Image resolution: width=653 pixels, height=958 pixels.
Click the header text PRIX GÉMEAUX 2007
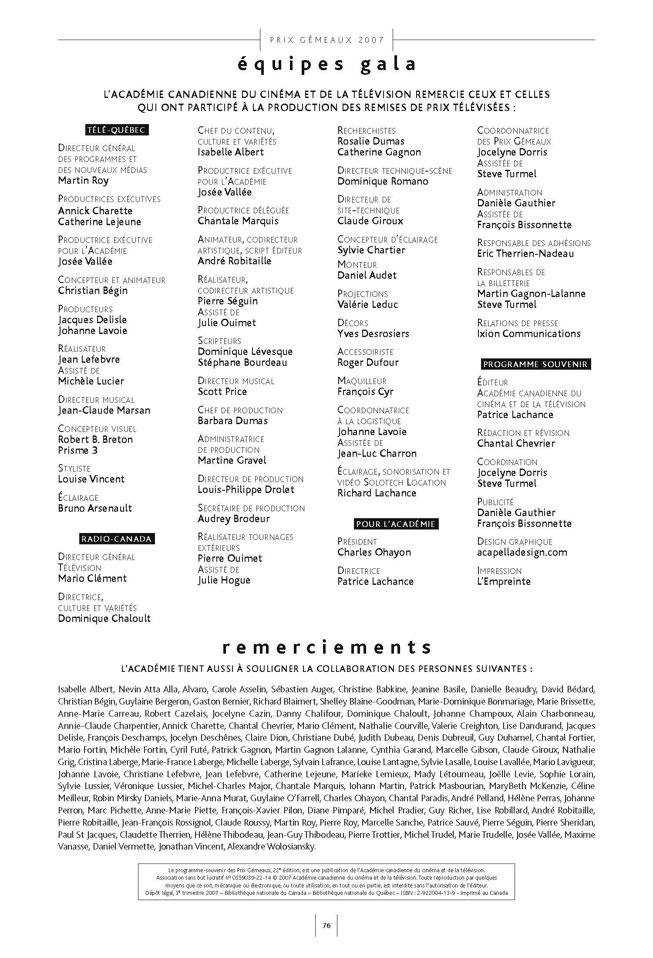tap(327, 40)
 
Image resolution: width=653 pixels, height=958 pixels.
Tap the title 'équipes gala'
tap(326, 64)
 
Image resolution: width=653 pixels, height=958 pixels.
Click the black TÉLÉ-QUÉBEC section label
tap(116, 130)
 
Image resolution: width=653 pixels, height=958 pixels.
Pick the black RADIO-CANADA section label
tap(116, 539)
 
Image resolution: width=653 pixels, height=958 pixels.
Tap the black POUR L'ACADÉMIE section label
tap(395, 524)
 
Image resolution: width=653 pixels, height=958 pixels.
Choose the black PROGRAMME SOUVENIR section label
tap(535, 364)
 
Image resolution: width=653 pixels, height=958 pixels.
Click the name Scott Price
tap(222, 391)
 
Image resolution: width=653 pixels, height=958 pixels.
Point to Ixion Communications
tap(528, 334)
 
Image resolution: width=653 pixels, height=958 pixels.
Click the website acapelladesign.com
tap(522, 552)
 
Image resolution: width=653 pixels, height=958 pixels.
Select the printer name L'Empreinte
tap(504, 581)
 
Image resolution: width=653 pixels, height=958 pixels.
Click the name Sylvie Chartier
tap(371, 250)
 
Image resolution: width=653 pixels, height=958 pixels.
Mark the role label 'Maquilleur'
tap(362, 381)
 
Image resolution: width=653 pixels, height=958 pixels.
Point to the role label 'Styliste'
tap(74, 469)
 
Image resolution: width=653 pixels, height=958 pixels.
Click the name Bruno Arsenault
tap(95, 508)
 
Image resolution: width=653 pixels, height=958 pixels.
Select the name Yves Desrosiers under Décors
tap(373, 334)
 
